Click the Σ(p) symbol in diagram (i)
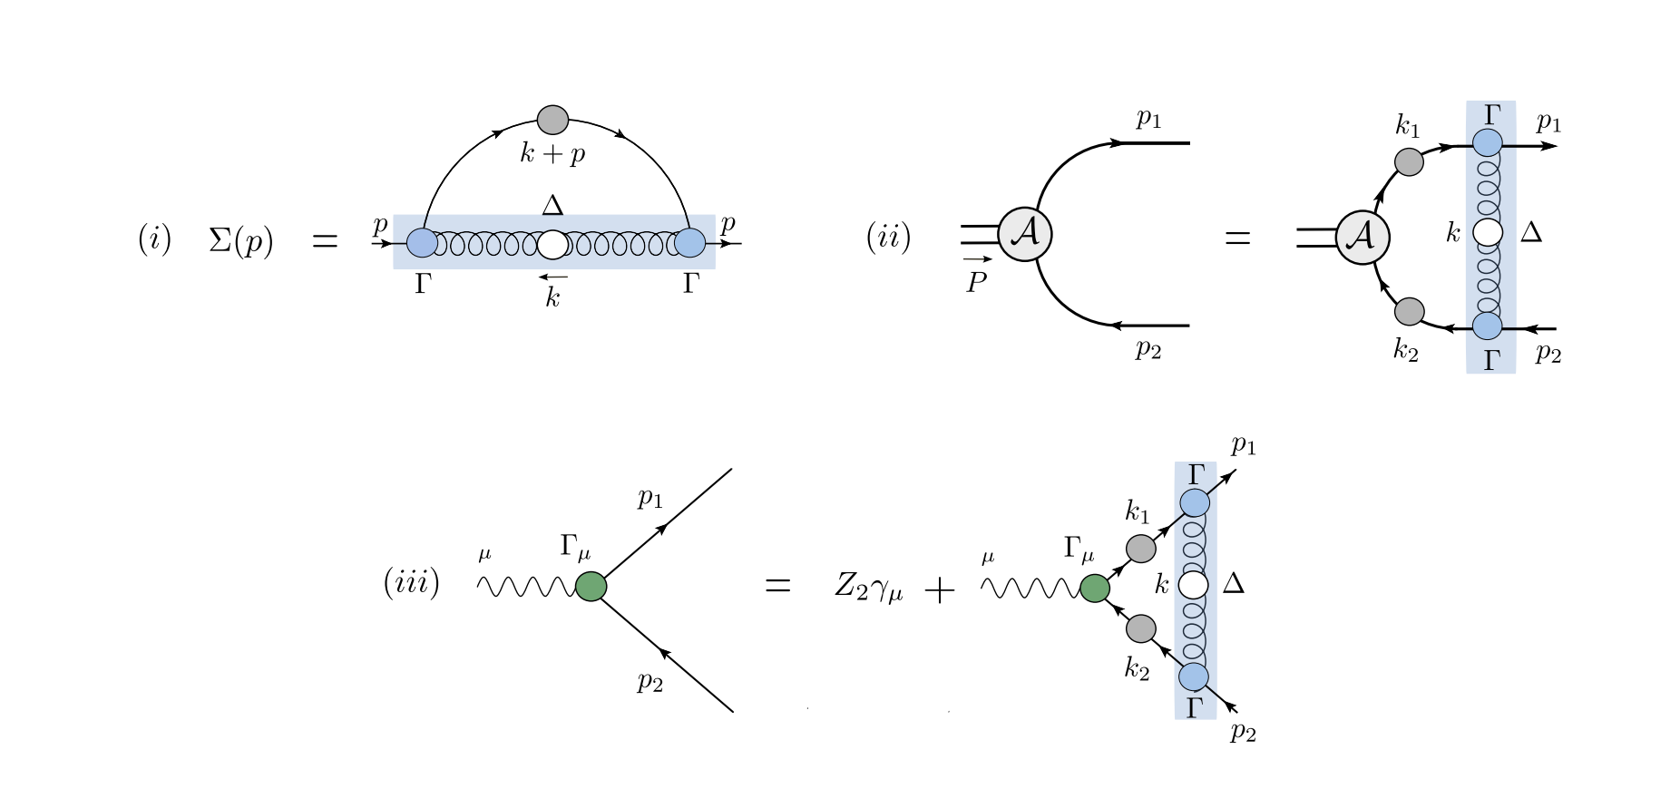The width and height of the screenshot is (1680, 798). coord(240,241)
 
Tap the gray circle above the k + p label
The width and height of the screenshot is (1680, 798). coord(552,120)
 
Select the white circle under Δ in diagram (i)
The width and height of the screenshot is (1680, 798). coord(552,245)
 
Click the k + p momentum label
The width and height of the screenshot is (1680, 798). coord(552,154)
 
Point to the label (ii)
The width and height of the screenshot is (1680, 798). coord(888,238)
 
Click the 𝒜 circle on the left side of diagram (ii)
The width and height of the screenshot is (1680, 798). coord(1025,234)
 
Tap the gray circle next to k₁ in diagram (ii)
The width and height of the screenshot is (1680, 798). coord(1408,162)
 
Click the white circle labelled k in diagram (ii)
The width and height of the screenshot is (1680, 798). coord(1488,233)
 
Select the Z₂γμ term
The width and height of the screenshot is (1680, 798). coord(868,588)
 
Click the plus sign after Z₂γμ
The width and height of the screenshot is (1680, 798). coord(940,591)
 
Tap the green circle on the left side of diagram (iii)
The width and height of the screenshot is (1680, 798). coord(591,586)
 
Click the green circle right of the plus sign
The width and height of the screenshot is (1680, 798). coord(1095,588)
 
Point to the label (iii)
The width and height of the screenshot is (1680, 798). coord(411,582)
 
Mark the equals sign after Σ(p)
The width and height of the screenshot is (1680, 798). coord(325,242)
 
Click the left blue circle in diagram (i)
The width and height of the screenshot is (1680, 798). coord(423,243)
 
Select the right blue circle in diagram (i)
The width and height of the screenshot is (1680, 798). coord(689,243)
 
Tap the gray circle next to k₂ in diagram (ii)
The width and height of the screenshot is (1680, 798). coord(1408,311)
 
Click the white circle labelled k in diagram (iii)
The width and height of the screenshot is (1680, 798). coord(1194,585)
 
